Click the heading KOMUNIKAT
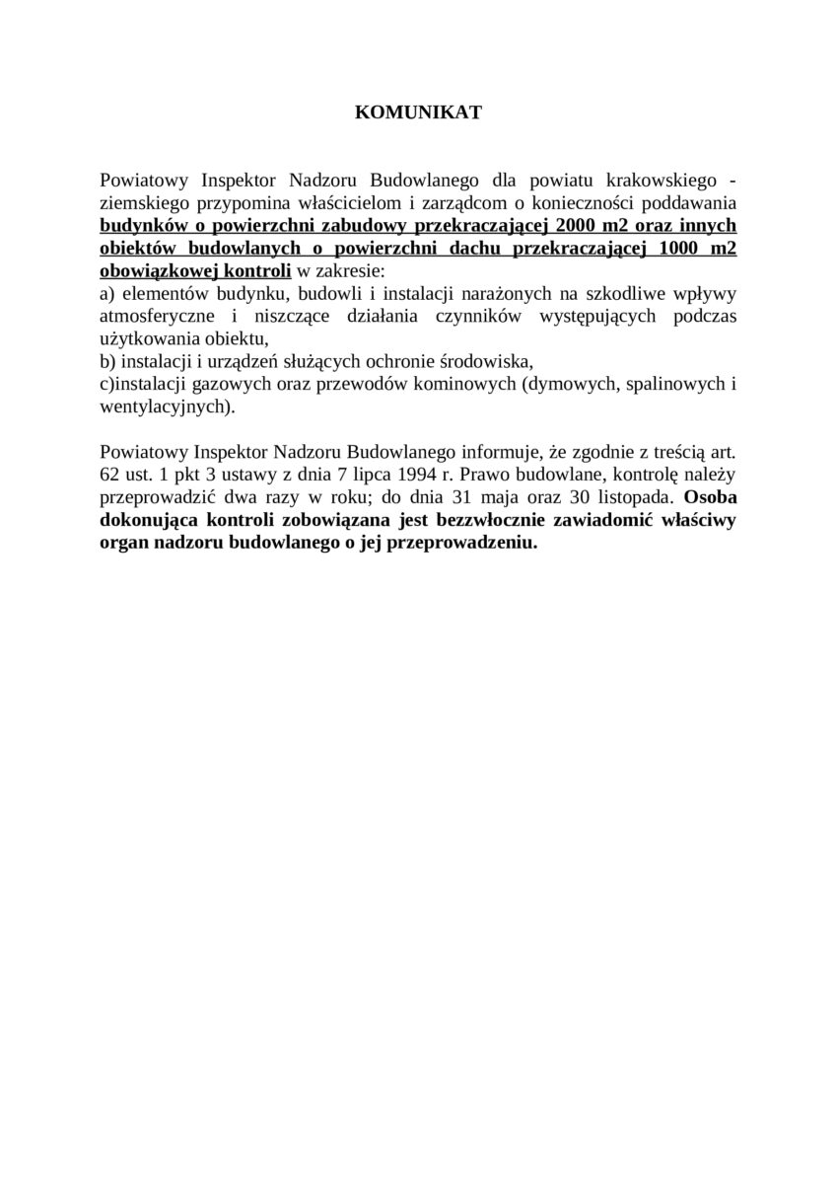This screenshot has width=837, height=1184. point(418,113)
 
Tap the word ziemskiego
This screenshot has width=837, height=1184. point(146,202)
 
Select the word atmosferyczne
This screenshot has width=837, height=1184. point(154,317)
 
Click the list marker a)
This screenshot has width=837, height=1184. point(107,294)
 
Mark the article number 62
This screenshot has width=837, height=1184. point(109,476)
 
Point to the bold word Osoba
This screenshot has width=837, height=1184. point(710,497)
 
